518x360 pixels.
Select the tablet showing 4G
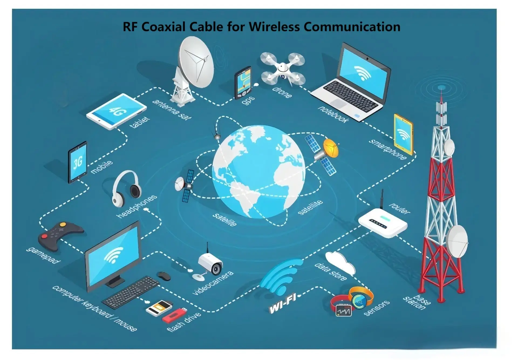coord(116,111)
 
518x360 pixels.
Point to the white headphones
coord(127,188)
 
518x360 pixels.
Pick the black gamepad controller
coord(60,235)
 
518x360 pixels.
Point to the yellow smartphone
coord(403,134)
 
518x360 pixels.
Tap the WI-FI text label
coord(283,303)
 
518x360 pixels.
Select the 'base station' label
coord(416,301)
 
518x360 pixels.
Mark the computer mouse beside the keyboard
coord(164,276)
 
